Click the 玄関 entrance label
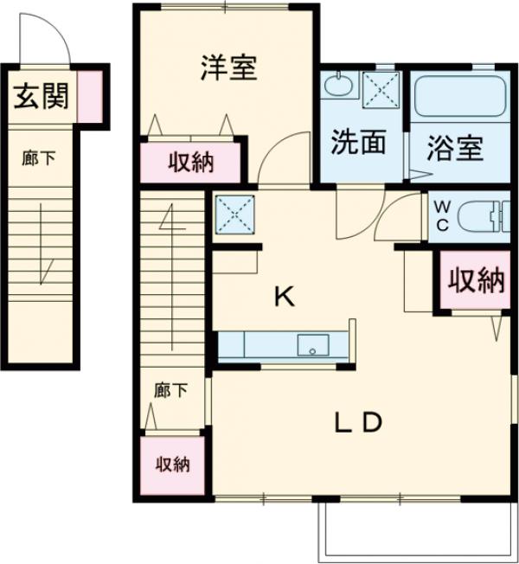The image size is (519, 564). coord(41,96)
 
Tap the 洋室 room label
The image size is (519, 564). coord(229,67)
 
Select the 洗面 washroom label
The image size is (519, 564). coord(358,142)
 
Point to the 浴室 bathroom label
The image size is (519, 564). coord(455,148)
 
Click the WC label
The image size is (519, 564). coord(442,216)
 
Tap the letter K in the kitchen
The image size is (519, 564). coord(285,296)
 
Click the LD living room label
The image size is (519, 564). coord(358,422)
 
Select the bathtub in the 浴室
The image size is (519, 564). coord(461,96)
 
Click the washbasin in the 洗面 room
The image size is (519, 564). coord(337,85)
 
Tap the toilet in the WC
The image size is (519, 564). coord(484,216)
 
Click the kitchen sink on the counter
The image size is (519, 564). coord(313,345)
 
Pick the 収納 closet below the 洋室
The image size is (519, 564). coord(190,163)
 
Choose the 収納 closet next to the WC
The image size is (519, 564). coord(476,280)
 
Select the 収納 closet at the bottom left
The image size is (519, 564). coord(172,465)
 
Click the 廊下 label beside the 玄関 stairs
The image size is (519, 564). coord(38,158)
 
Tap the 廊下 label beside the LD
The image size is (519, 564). coord(170,390)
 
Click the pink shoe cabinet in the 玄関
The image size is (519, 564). coord(90,96)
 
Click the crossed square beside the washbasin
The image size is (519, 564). coord(381,90)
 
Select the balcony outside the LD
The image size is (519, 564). coord(418,532)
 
